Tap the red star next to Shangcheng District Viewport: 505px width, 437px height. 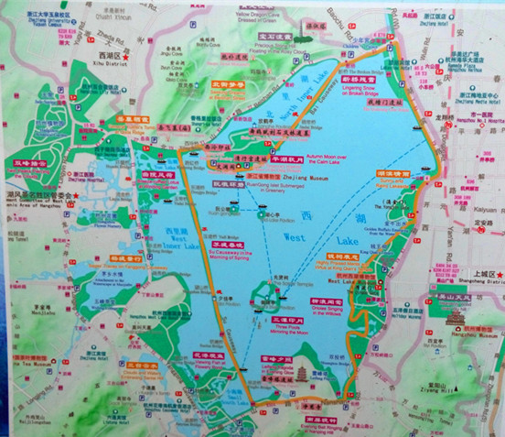click(498, 274)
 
